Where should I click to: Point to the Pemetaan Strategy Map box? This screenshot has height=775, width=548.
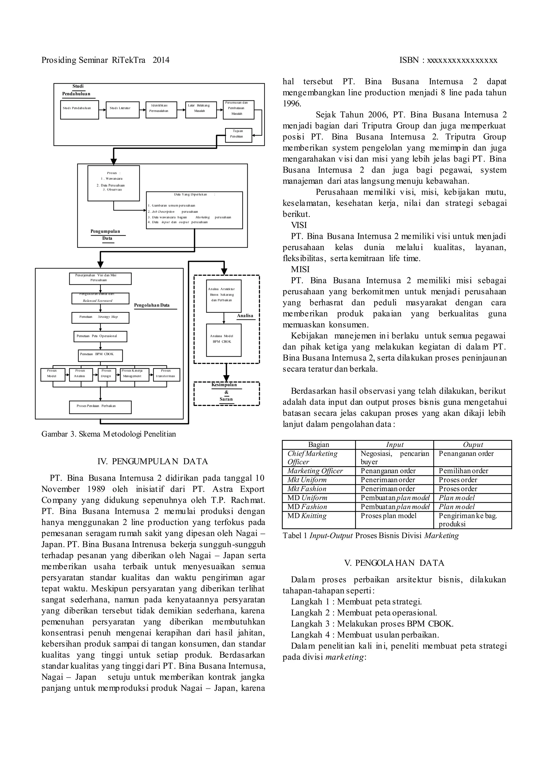(x=100, y=318)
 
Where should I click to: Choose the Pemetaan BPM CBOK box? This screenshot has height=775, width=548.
(x=100, y=355)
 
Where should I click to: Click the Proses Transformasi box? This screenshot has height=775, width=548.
(x=166, y=375)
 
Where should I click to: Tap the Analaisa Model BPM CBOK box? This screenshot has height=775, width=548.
(x=223, y=340)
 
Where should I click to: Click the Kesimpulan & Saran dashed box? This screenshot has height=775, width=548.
(x=226, y=393)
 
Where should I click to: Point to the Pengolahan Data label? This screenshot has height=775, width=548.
(x=152, y=305)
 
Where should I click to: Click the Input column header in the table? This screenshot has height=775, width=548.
(x=394, y=445)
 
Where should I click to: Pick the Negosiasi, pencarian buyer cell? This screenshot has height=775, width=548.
(x=394, y=458)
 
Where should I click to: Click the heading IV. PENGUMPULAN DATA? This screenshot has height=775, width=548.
(x=153, y=461)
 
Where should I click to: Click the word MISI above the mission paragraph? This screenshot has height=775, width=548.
(x=300, y=269)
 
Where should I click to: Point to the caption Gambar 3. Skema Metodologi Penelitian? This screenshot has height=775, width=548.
(x=108, y=434)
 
